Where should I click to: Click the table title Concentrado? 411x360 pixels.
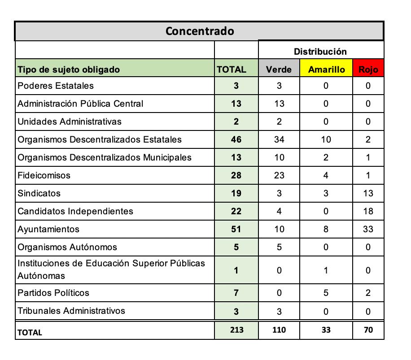click(x=200, y=31)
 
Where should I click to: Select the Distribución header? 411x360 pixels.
click(x=320, y=52)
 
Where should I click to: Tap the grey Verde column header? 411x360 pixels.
click(x=279, y=69)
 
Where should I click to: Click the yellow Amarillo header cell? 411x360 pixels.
click(x=326, y=69)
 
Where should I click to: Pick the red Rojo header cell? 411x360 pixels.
click(x=368, y=69)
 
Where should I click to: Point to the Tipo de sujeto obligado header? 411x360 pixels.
click(x=69, y=69)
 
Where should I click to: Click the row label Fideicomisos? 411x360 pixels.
click(x=44, y=175)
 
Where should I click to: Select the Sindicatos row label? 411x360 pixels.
click(x=39, y=193)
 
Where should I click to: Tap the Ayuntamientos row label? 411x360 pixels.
click(x=48, y=229)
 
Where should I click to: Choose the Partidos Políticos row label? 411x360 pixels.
click(x=53, y=293)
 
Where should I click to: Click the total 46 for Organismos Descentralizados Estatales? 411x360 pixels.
click(x=236, y=139)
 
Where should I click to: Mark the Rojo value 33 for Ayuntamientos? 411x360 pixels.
click(x=368, y=229)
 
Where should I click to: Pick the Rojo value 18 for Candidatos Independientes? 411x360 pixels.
click(x=368, y=211)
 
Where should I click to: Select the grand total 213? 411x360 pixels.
click(x=236, y=330)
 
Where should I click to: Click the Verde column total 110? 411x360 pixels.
click(x=279, y=330)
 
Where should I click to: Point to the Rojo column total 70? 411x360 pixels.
click(x=368, y=330)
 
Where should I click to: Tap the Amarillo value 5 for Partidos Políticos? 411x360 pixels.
click(x=326, y=293)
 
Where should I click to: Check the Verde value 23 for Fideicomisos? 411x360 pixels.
click(x=279, y=175)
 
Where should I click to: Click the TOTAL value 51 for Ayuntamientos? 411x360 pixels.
click(x=236, y=229)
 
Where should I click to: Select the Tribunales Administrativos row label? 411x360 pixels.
click(x=71, y=311)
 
